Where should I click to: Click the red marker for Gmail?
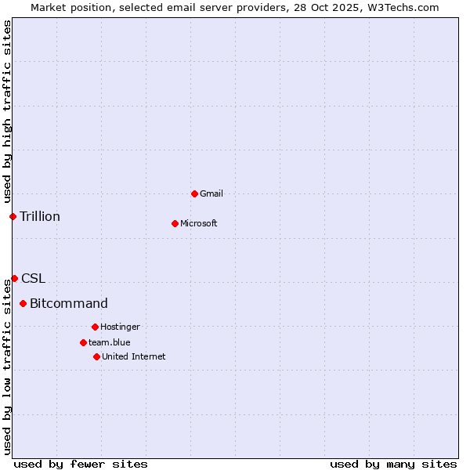coord(194,193)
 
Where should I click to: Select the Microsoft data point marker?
coord(175,223)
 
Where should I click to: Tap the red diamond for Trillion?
coord(13,216)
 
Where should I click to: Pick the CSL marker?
coord(14,278)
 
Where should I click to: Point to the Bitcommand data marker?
coord(23,303)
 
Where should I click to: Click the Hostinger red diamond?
coord(95,327)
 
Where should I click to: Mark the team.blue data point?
coord(83,342)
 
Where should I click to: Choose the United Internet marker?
coord(96,356)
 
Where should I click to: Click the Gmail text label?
coord(211,193)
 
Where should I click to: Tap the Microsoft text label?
coord(199,223)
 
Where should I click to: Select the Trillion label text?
coord(40,216)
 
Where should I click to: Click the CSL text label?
coord(34,278)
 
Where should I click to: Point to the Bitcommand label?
coord(69,303)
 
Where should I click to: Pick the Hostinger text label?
coord(120,327)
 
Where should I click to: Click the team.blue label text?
coord(110,342)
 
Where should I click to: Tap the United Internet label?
coord(134,356)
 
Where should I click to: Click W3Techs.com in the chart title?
coord(401,7)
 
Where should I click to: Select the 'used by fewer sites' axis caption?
coord(81,464)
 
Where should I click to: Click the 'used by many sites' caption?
coord(393,464)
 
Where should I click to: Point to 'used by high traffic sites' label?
coord(7,110)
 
